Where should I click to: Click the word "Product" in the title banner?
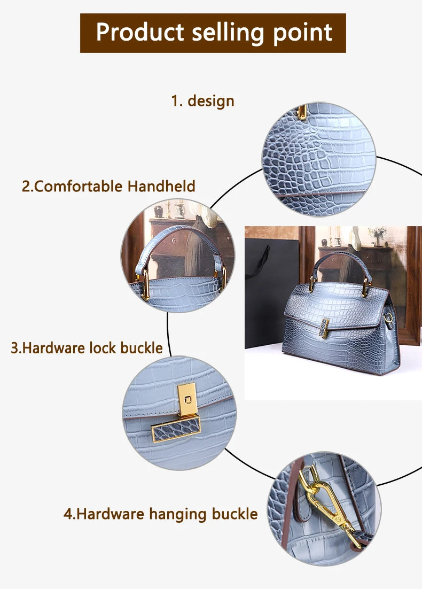pyautogui.click(x=139, y=33)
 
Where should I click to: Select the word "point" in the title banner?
pyautogui.click(x=303, y=33)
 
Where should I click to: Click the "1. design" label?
pyautogui.click(x=202, y=100)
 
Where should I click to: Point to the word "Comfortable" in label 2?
pyautogui.click(x=79, y=186)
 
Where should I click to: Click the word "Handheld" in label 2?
pyautogui.click(x=161, y=186)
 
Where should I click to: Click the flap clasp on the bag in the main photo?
pyautogui.click(x=324, y=328)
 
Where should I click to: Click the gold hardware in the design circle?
pyautogui.click(x=302, y=111)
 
